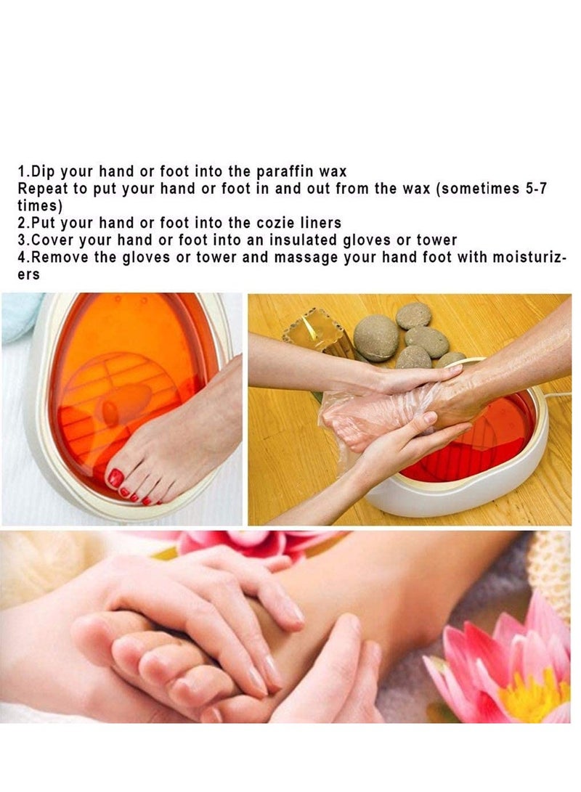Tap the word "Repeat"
click(x=41, y=189)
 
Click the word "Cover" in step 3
click(x=51, y=240)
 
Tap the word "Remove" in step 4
click(x=57, y=258)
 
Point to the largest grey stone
click(x=375, y=337)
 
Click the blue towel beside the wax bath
click(x=18, y=316)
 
